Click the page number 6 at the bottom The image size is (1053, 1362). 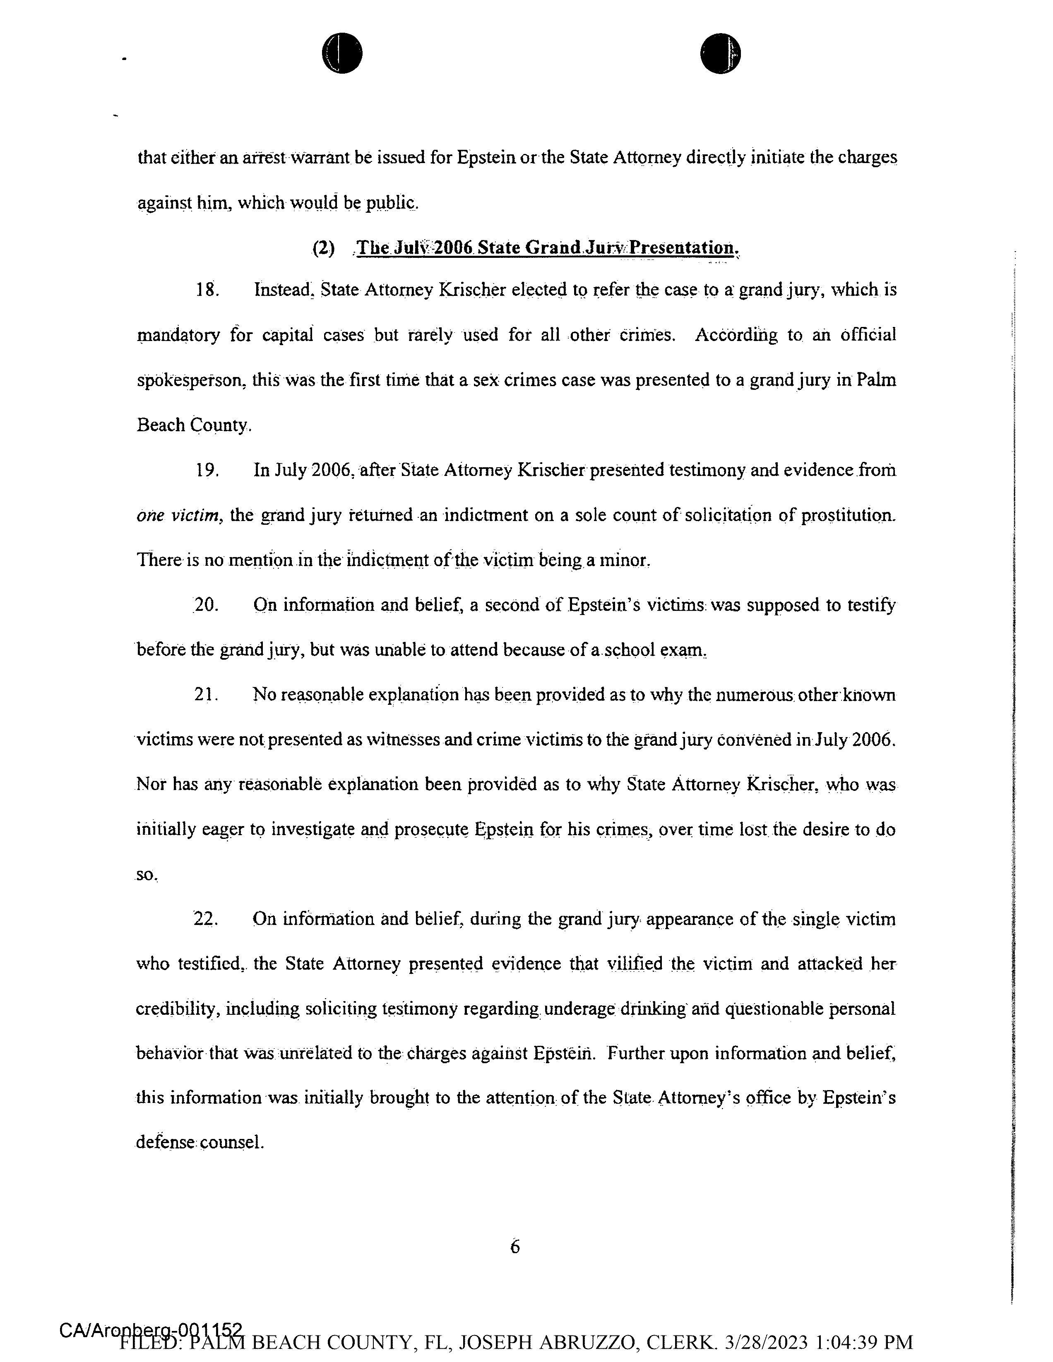tap(514, 1246)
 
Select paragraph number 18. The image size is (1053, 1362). tap(207, 290)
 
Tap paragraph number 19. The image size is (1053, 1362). tap(207, 470)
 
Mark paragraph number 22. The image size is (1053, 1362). tap(206, 919)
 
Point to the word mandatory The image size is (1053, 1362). tap(178, 336)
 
